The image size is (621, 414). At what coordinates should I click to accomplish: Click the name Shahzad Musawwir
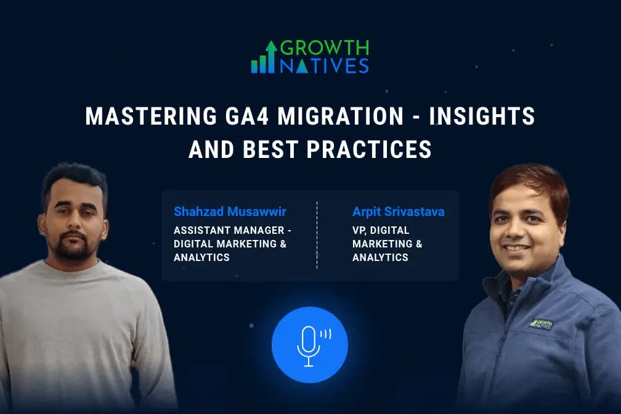230,212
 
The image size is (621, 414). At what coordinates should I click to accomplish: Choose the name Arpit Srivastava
398,212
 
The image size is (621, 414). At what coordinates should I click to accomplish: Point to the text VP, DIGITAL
380,231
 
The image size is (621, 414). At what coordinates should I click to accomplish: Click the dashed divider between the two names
317,234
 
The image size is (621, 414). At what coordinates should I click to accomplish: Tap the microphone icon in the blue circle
309,344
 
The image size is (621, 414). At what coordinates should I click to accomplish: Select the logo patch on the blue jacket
541,323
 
